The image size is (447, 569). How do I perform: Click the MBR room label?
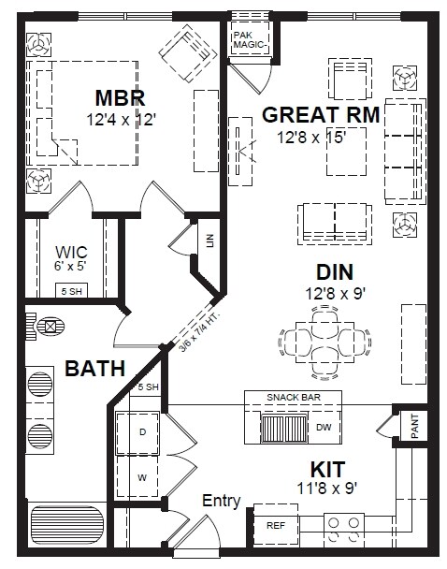pos(120,98)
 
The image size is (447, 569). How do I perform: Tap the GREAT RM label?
pos(321,115)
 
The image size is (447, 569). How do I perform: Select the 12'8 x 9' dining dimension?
pos(335,294)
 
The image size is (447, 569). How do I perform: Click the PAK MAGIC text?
pos(250,40)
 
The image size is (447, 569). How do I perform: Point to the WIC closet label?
pos(71,252)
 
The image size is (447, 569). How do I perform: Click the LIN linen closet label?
pos(210,241)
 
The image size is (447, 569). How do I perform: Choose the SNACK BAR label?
pos(294,397)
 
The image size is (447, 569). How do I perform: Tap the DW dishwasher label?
pos(324,427)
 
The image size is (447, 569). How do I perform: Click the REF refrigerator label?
pos(276,525)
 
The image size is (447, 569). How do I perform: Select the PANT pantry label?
pos(414,426)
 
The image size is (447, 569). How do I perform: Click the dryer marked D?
pos(137,432)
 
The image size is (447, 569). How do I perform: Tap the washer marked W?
pos(137,477)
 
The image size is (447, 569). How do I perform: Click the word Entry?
pos(221,501)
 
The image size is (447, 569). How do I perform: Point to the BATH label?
pos(95,369)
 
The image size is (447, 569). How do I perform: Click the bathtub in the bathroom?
pos(67,525)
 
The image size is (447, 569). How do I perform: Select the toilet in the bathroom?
pos(45,327)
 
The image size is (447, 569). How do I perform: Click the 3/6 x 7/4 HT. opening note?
pos(200,331)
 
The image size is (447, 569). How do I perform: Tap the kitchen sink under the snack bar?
pos(284,428)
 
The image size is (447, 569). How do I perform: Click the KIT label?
pos(327,470)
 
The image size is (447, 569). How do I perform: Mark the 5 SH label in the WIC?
pos(71,291)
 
